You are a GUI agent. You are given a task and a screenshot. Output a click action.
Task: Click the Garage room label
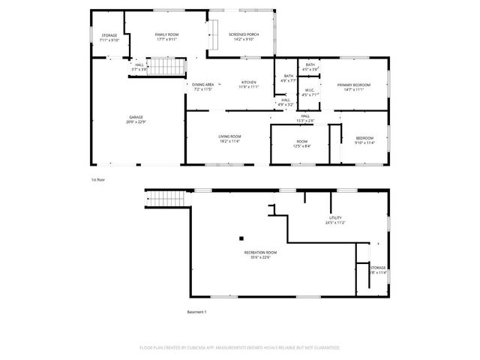click(136, 117)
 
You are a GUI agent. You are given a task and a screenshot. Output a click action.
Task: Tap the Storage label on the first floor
click(109, 35)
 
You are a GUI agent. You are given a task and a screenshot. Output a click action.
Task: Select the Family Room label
click(166, 34)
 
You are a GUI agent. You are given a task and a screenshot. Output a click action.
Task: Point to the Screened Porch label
click(244, 34)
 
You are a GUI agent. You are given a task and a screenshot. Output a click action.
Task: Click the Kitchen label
click(249, 82)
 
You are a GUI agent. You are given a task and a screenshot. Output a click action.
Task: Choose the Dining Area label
click(203, 85)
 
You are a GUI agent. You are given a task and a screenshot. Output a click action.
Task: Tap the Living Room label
click(229, 136)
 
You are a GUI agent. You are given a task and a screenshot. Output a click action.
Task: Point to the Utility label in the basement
click(334, 217)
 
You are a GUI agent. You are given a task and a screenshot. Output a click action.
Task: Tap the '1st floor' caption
click(99, 180)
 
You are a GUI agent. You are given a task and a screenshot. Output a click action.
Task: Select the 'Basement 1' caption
click(196, 311)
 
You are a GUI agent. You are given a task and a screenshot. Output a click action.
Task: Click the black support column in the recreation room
click(241, 238)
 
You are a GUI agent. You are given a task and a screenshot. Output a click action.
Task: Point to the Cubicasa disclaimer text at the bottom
click(240, 348)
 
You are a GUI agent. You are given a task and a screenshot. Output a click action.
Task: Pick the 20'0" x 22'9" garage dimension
click(136, 121)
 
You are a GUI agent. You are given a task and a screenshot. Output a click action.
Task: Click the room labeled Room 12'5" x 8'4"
click(302, 142)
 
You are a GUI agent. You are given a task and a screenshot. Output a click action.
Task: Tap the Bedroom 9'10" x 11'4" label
click(364, 140)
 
